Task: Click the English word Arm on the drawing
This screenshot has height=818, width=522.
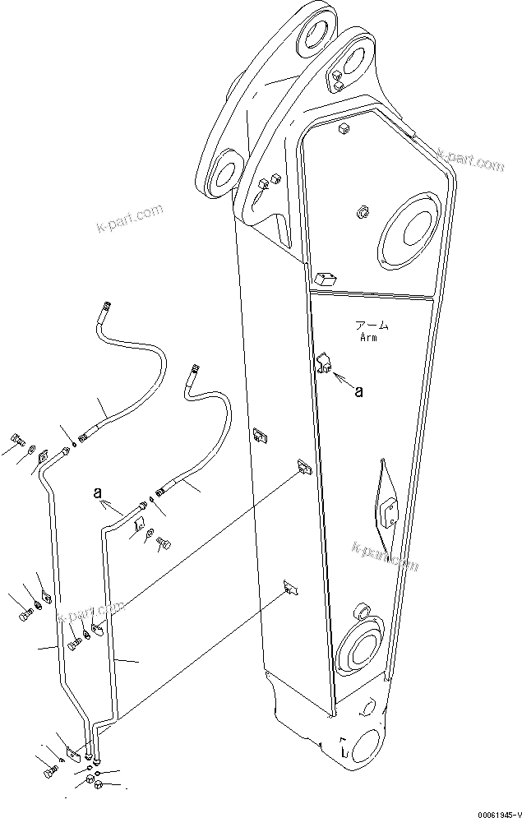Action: [368, 337]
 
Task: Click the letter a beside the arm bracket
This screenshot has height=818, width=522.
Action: [358, 392]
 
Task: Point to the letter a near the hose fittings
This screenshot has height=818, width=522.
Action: [98, 493]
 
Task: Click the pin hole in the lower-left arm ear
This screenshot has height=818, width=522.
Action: [224, 172]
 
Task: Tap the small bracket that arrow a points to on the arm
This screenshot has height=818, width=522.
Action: [322, 364]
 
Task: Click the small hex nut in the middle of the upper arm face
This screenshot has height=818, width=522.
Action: [361, 215]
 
